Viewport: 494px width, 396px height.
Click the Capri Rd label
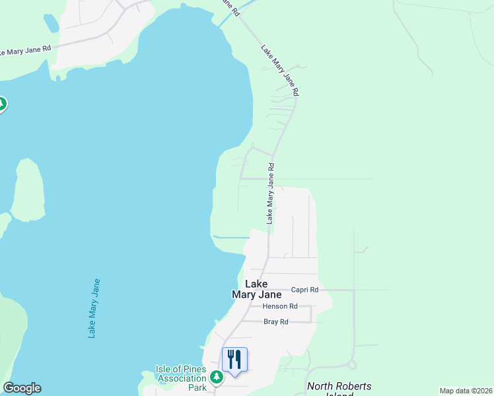304,290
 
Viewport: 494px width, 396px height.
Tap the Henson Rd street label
280,306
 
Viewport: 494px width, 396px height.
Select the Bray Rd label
276,322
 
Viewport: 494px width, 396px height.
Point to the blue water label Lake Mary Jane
94,308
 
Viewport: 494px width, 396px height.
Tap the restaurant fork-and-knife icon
234,360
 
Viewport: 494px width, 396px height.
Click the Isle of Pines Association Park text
181,378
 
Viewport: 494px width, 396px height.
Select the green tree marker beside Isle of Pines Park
216,377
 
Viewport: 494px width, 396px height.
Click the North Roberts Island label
339,387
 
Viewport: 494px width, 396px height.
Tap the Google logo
22,388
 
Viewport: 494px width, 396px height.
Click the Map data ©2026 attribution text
465,391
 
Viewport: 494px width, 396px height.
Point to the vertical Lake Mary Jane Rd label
270,194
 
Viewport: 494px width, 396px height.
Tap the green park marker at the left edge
2,104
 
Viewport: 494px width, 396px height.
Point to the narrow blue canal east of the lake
230,237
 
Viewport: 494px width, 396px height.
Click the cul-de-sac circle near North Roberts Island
352,364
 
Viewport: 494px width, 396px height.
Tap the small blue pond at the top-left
50,23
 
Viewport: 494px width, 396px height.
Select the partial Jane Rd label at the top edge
231,8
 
